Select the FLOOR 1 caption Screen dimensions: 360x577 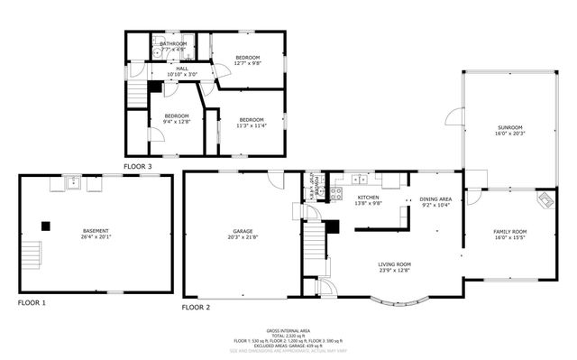click(32, 302)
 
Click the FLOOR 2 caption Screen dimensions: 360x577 click(196, 308)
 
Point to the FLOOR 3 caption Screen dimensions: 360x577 click(138, 167)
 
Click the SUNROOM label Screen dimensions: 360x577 click(509, 128)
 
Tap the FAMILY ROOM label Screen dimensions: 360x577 click(509, 232)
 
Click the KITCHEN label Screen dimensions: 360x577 click(369, 197)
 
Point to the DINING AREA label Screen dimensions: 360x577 click(436, 198)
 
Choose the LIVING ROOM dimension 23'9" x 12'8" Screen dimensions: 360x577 click(394, 270)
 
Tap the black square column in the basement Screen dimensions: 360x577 click(44, 224)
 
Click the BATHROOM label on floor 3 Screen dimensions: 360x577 click(173, 43)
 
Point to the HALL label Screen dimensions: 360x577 click(182, 68)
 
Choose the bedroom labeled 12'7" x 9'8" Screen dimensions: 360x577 click(242, 63)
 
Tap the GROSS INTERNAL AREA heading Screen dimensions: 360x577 click(288, 331)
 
